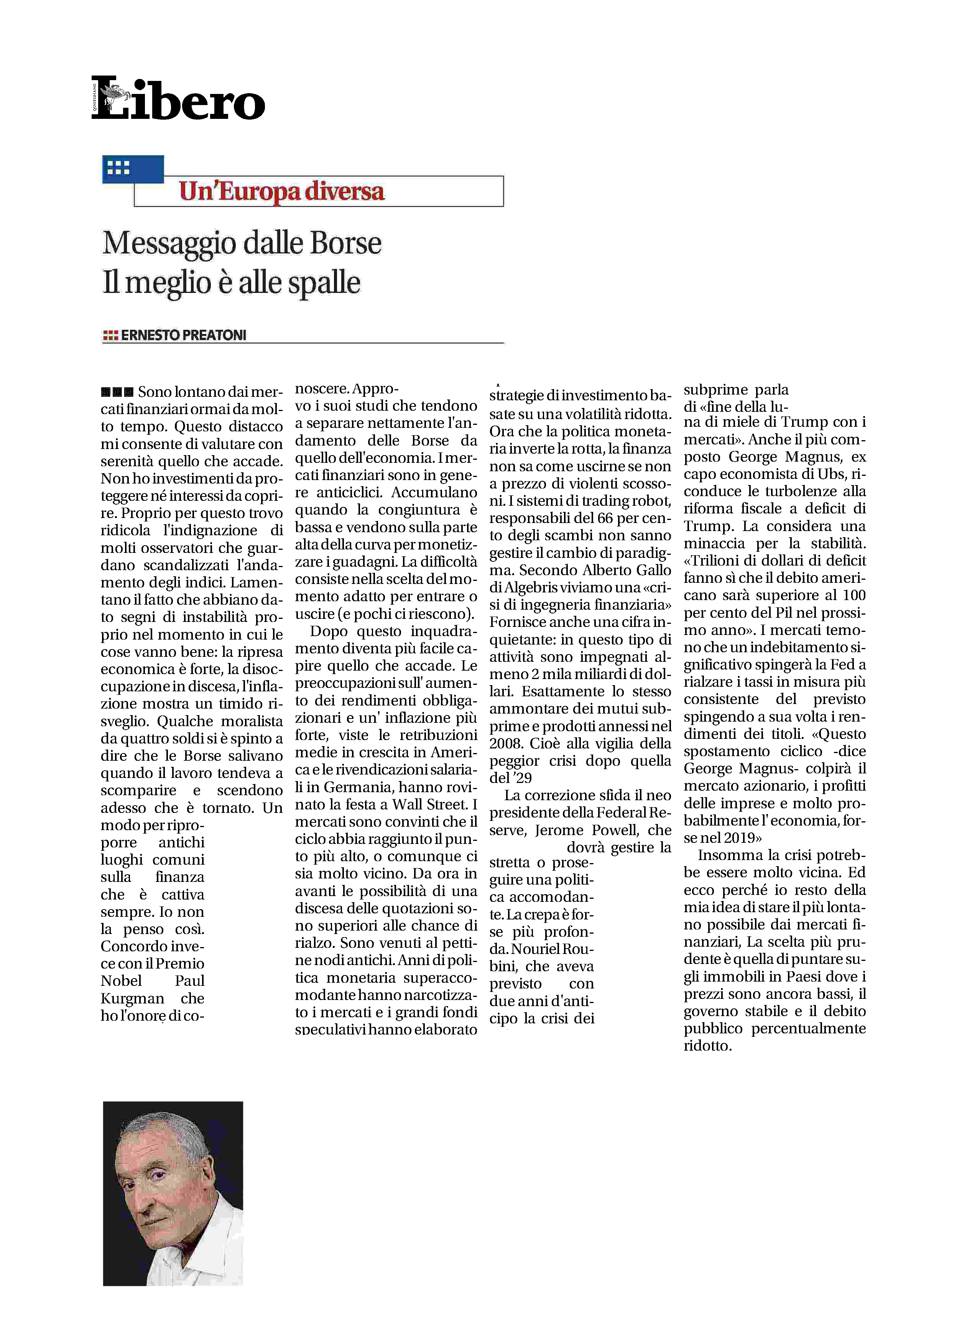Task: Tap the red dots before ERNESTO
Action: coord(110,336)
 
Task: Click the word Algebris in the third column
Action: coord(529,587)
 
